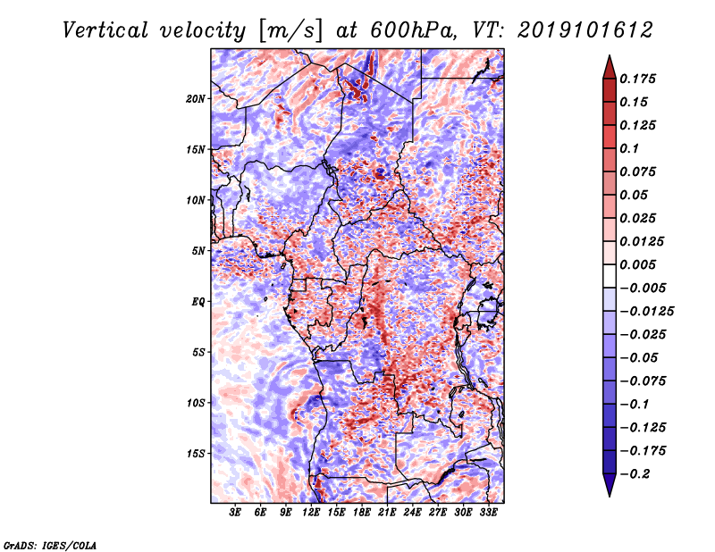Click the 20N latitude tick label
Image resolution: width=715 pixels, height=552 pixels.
(195, 99)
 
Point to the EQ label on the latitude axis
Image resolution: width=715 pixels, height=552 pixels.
(198, 302)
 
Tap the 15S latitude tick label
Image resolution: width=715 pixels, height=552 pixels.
(195, 454)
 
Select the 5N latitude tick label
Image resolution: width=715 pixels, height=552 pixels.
(198, 251)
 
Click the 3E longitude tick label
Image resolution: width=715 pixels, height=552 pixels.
(235, 513)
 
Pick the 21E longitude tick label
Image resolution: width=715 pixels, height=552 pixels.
(387, 513)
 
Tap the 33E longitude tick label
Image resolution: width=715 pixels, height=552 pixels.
(488, 513)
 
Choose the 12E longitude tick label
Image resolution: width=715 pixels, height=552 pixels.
(311, 513)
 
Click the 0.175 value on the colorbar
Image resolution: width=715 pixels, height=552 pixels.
(637, 79)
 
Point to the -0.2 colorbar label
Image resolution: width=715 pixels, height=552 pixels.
(635, 474)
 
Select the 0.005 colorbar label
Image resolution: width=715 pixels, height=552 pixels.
(637, 264)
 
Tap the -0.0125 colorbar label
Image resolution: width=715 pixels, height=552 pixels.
(646, 312)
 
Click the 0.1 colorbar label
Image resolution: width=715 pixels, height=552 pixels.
(629, 148)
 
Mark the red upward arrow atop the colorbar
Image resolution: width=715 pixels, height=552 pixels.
(610, 67)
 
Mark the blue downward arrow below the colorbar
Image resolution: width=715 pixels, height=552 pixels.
(610, 485)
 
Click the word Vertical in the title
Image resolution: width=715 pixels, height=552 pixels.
(105, 30)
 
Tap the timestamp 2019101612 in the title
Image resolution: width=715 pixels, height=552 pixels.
(585, 30)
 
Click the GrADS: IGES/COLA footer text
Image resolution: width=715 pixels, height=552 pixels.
(50, 545)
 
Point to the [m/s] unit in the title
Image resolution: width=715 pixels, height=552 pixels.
(290, 30)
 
